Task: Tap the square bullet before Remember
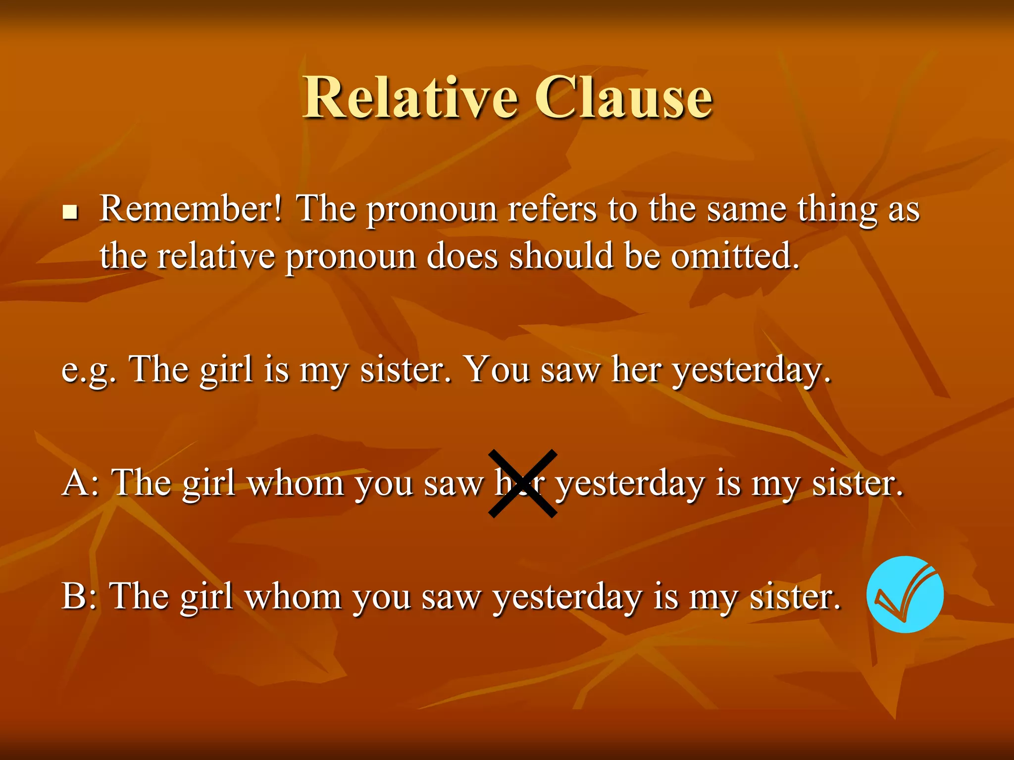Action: click(71, 213)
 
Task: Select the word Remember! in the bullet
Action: click(191, 209)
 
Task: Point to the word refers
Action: click(553, 209)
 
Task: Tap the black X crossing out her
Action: click(523, 483)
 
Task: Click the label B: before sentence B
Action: click(79, 596)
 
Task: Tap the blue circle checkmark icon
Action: click(905, 594)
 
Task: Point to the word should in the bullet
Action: click(561, 256)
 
